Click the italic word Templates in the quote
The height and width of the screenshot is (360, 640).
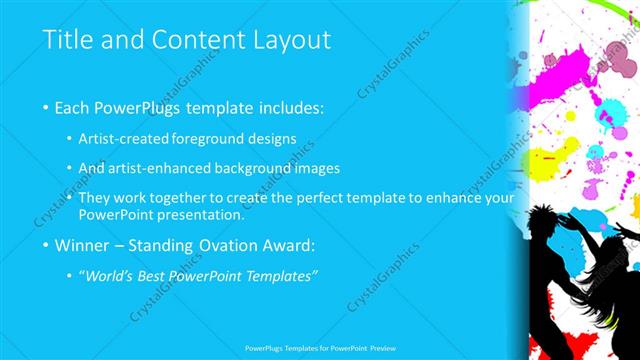(282, 276)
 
